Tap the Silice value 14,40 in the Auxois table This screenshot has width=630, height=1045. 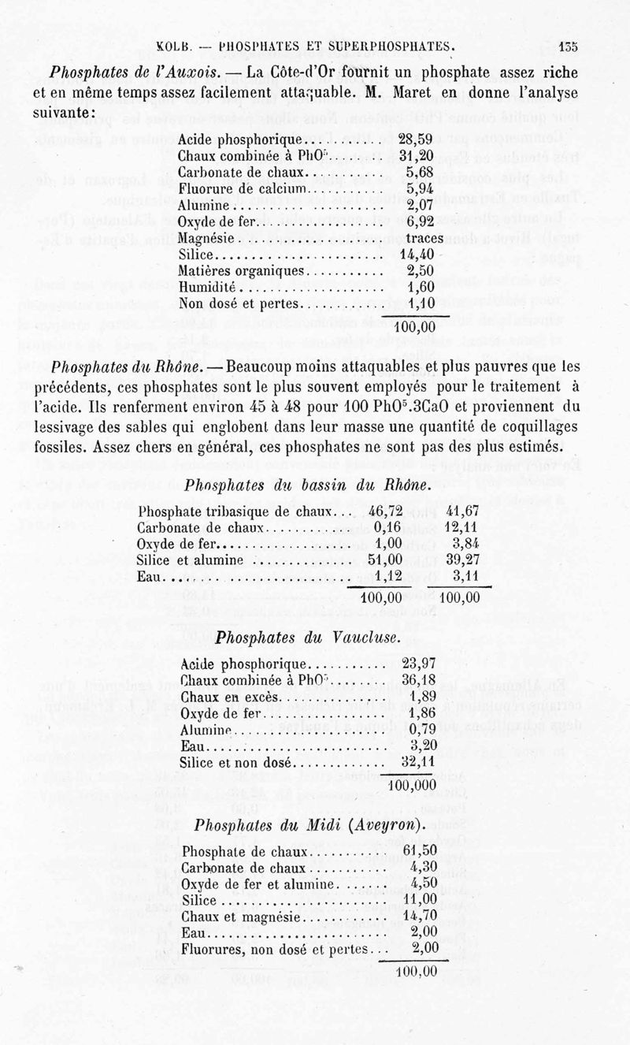[x=417, y=255]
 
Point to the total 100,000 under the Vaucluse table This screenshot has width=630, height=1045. [x=413, y=785]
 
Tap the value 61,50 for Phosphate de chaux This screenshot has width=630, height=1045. [x=419, y=852]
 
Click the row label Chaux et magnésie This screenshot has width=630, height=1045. [x=237, y=917]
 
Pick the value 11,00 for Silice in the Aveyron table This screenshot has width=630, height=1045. [x=419, y=900]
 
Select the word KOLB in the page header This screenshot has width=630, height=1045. [x=176, y=46]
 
